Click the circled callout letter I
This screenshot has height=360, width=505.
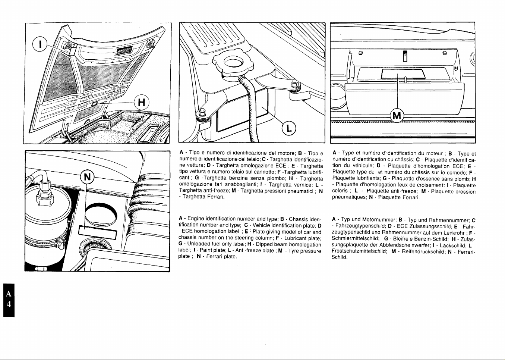[x=40, y=45]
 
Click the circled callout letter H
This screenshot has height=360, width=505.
[x=141, y=103]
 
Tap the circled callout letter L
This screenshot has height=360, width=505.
[x=289, y=128]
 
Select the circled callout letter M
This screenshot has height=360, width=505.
[x=397, y=116]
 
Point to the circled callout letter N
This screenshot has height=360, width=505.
[x=87, y=177]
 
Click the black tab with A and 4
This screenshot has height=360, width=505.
[x=9, y=300]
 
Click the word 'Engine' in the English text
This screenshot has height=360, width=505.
[x=196, y=219]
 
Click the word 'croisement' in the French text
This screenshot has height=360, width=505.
[x=430, y=185]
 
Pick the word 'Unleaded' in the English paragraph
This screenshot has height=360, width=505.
[x=198, y=244]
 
